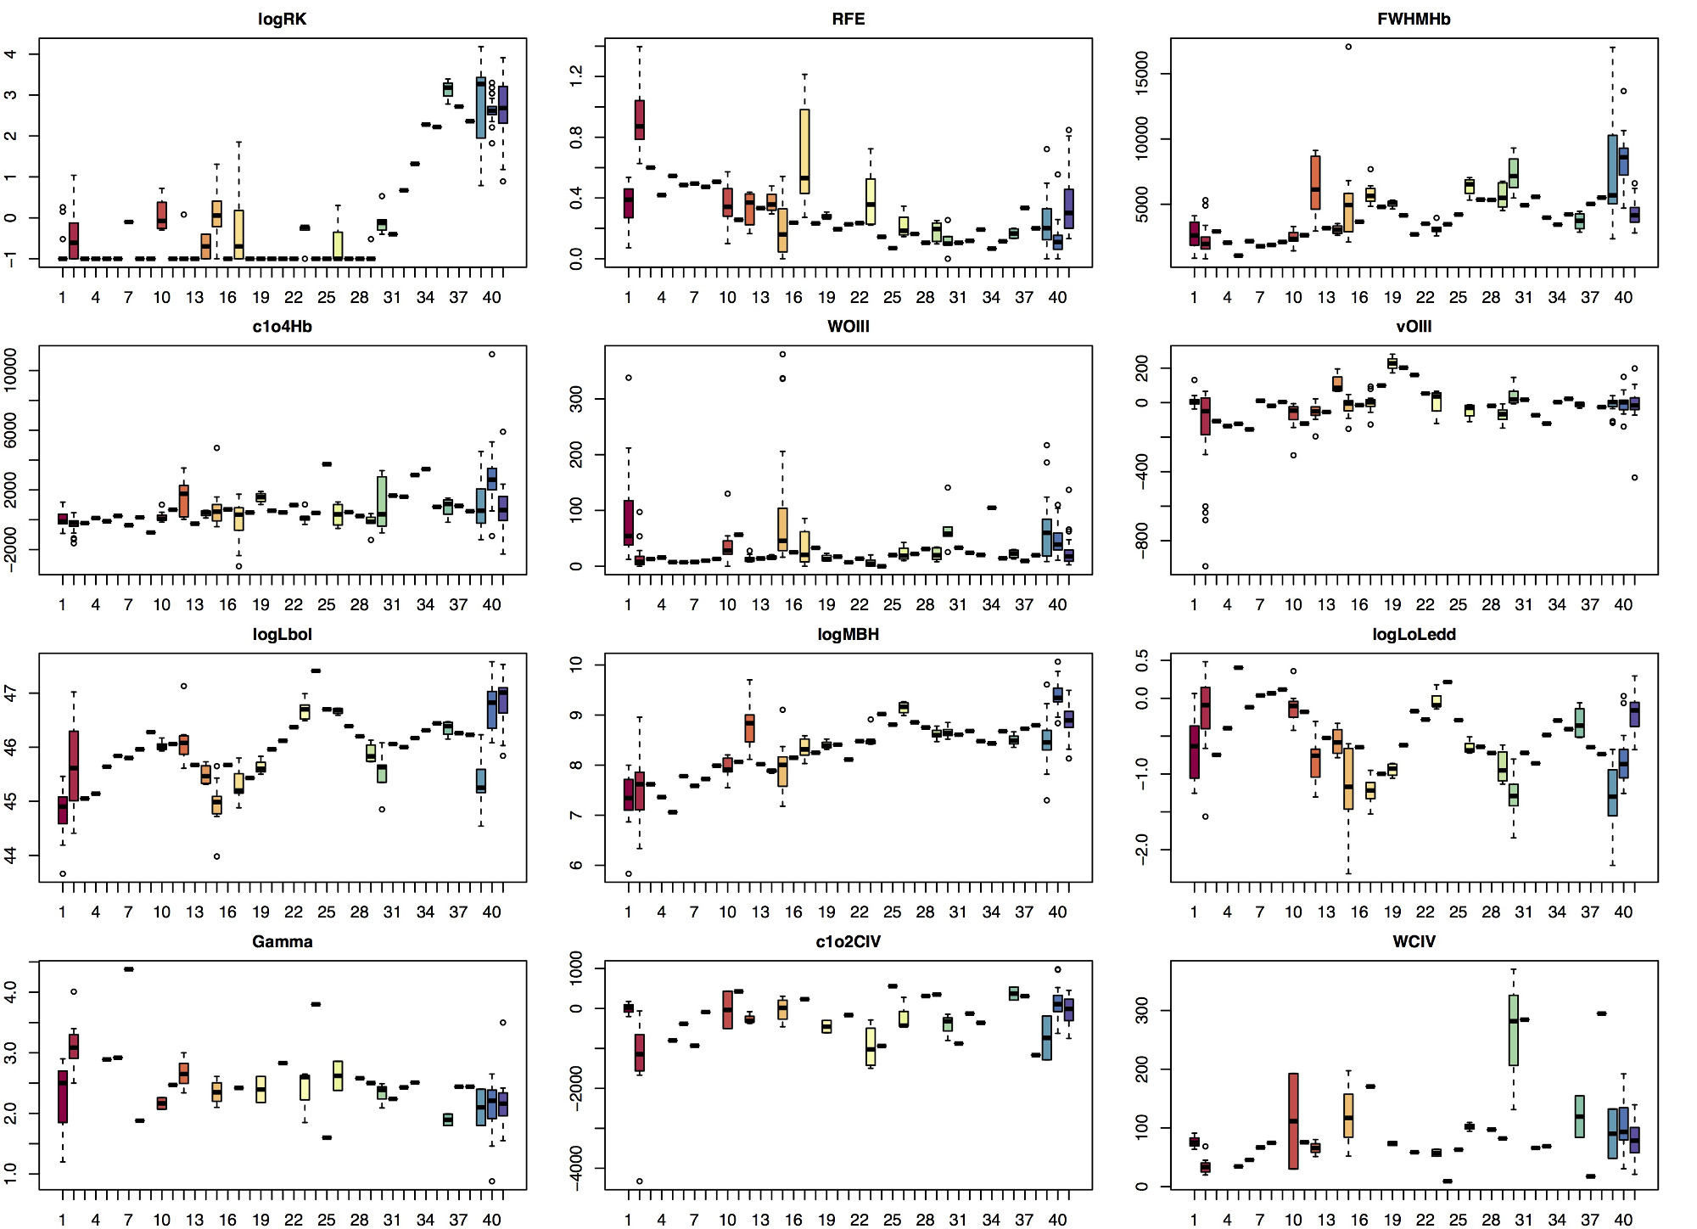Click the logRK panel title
point(282,20)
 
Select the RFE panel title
point(848,20)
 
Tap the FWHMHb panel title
point(1414,20)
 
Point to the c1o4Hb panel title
point(282,327)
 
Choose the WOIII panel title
point(848,327)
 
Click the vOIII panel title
point(1414,327)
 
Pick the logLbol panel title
point(282,635)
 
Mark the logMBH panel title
point(848,635)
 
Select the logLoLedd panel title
point(1414,635)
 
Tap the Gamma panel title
point(282,942)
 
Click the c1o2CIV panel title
point(848,942)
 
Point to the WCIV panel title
point(1414,942)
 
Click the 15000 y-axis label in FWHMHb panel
point(1142,74)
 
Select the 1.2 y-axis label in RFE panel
point(576,77)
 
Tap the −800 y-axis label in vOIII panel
point(1142,541)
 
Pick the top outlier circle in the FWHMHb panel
point(1348,47)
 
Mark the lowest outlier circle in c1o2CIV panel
point(640,1181)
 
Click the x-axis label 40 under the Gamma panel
point(491,1220)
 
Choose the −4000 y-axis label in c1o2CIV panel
point(576,1168)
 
